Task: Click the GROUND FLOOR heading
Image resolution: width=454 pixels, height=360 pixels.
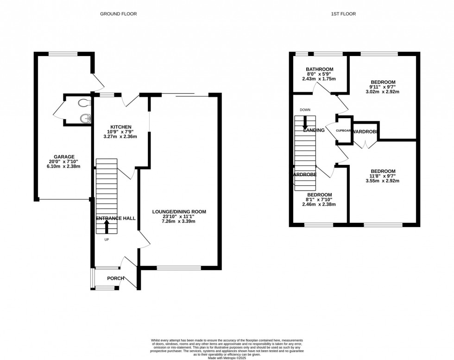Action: coord(119,14)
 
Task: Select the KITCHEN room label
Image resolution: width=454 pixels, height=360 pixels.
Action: coord(121,127)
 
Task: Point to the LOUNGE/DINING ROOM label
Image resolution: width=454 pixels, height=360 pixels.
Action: coord(179,212)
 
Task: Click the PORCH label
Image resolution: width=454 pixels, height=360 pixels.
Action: coord(115,278)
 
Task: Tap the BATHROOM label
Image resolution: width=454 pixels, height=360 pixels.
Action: coord(319,69)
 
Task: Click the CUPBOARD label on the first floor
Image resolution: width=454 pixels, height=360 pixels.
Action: coord(344,131)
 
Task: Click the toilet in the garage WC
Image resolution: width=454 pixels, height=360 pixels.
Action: coord(83,102)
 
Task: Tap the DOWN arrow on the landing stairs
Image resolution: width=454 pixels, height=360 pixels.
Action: coord(305,122)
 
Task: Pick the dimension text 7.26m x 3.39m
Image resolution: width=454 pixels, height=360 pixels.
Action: coord(179,221)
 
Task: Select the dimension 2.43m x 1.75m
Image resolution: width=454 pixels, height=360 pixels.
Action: coord(319,79)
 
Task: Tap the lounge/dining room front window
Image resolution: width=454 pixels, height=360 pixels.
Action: coord(179,267)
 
